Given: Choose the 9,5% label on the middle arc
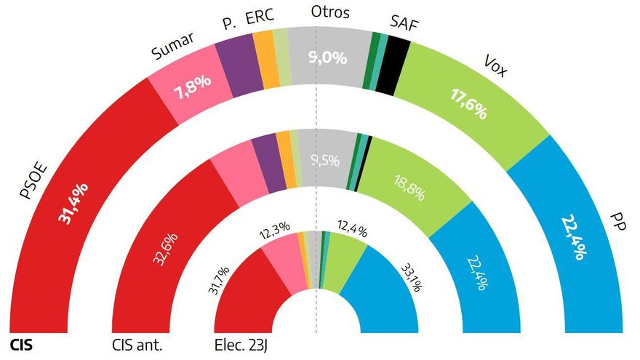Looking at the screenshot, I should (x=324, y=161).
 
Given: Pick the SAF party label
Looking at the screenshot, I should (x=404, y=23).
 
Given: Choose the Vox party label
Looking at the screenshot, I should (x=495, y=66).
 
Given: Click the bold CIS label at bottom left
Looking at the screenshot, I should (x=22, y=344).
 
